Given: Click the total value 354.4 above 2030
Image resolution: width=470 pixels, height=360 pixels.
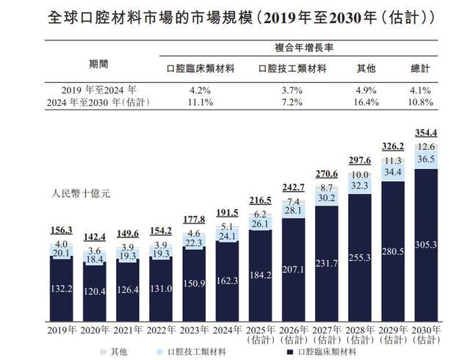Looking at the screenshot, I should (426, 132).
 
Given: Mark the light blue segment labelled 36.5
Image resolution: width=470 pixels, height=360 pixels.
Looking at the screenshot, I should (426, 159).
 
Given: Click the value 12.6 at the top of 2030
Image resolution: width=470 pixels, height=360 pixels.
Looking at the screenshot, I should (426, 144).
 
